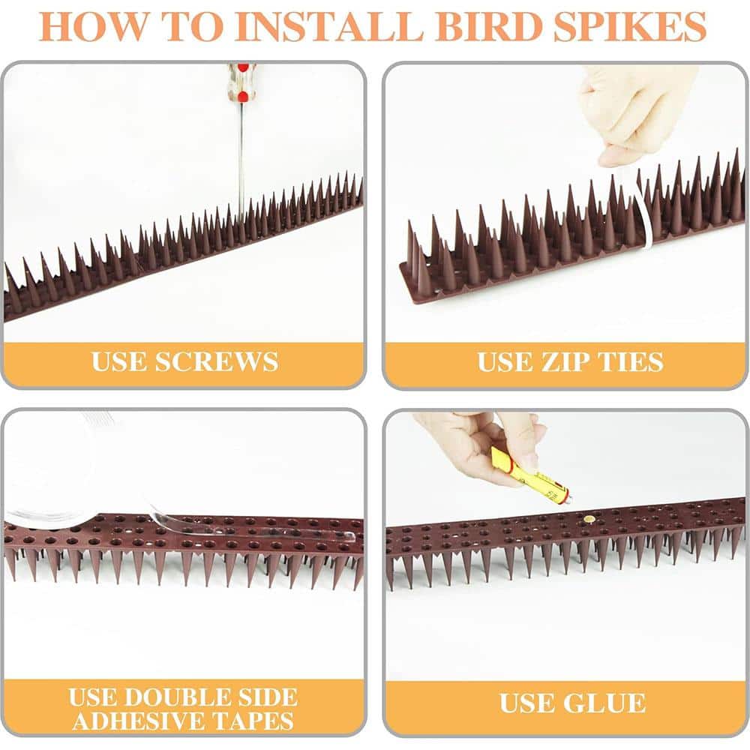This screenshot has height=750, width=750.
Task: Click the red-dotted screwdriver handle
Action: tap(239, 83)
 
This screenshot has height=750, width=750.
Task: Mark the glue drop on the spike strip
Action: tap(590, 519)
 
